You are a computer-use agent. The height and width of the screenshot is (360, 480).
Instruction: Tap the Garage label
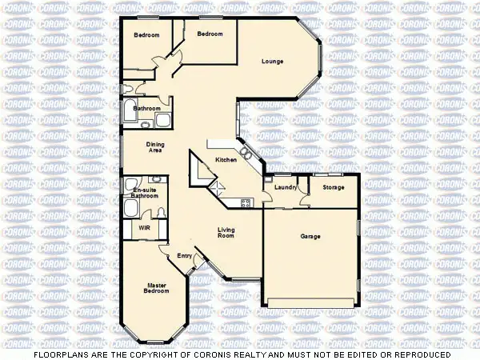point(310,236)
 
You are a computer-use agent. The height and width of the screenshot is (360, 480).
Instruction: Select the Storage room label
point(334,187)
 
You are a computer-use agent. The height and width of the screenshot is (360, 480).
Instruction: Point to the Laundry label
point(286,187)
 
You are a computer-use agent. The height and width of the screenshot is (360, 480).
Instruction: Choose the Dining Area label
point(155,147)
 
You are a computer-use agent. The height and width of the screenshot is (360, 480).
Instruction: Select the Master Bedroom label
point(158,288)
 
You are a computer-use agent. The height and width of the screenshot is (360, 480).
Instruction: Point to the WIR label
point(144,227)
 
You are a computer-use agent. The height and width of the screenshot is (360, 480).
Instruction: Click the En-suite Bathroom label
point(145,192)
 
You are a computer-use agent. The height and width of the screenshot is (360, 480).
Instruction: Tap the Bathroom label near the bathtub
point(147,108)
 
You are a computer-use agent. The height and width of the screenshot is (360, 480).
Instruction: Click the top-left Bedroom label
point(146,35)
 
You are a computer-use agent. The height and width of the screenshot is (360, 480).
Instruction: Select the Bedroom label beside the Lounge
point(210,34)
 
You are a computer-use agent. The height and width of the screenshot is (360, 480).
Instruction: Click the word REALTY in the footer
point(246,354)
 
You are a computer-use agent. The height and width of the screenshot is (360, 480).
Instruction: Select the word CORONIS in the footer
point(210,354)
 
